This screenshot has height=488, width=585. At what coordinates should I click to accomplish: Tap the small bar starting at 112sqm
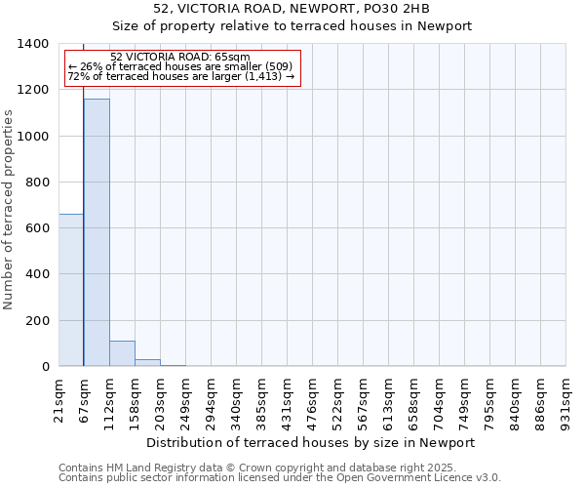122,353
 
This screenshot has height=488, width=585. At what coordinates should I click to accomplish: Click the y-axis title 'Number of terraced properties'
9,210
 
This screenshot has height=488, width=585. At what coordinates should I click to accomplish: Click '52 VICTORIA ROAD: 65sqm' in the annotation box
180,57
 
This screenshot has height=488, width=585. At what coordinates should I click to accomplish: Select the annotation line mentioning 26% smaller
180,66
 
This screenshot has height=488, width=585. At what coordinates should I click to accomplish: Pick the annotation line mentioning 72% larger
180,76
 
